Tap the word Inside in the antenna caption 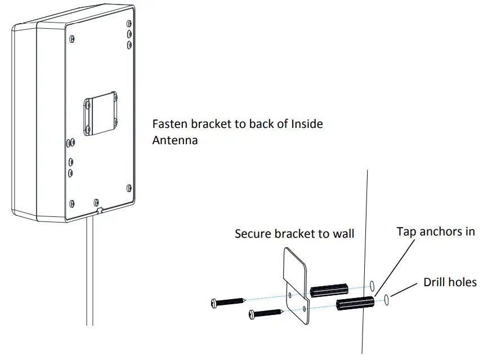pyautogui.click(x=307, y=124)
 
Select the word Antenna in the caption pyautogui.click(x=175, y=140)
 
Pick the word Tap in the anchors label pyautogui.click(x=406, y=232)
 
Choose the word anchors pyautogui.click(x=440, y=232)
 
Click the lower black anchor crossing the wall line pyautogui.click(x=354, y=305)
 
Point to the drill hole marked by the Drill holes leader pyautogui.click(x=386, y=300)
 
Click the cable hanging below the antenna pyautogui.click(x=89, y=276)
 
